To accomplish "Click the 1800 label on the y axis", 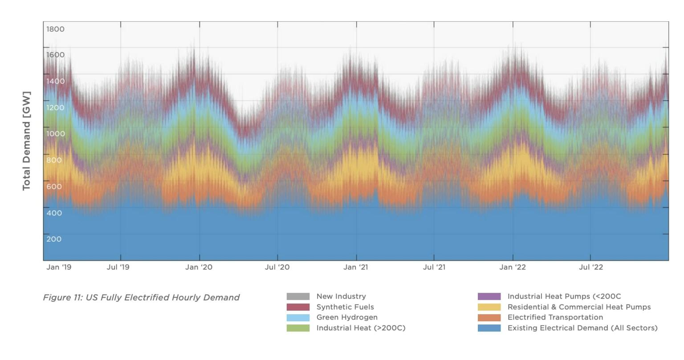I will tap(55, 29).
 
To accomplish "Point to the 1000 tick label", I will tap(55, 134).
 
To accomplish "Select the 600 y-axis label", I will tap(54, 186).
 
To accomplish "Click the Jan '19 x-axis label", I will tap(59, 267).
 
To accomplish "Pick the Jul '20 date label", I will tap(277, 267).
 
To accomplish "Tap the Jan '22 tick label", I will tap(513, 267).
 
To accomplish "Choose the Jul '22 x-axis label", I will tap(591, 267).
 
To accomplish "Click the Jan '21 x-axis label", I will tap(356, 267).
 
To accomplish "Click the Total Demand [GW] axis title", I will tap(27, 141).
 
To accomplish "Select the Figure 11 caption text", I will tap(141, 297).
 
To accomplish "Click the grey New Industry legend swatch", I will tap(298, 296).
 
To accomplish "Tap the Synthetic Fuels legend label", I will tap(345, 307).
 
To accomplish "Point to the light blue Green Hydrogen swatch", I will tap(298, 318).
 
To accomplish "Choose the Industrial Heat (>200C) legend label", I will tap(361, 328).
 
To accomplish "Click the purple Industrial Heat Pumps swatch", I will tap(489, 296).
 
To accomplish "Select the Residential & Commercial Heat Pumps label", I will tap(579, 307).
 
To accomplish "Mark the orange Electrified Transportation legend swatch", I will tap(489, 318).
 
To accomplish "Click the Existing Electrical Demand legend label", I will tap(582, 328).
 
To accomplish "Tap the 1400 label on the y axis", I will tap(55, 81).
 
